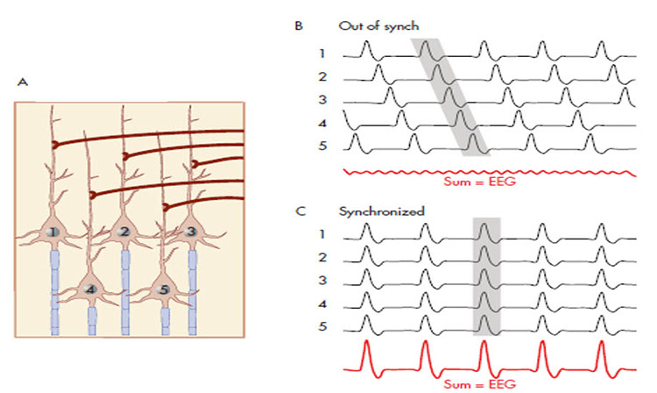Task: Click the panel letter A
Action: point(22,82)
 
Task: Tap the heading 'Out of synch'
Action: point(367,26)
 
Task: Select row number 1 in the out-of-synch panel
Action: point(323,53)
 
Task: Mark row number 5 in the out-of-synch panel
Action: point(323,146)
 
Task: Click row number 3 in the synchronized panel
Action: point(323,280)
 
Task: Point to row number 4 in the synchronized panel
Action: point(323,304)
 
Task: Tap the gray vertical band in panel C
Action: point(486,276)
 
